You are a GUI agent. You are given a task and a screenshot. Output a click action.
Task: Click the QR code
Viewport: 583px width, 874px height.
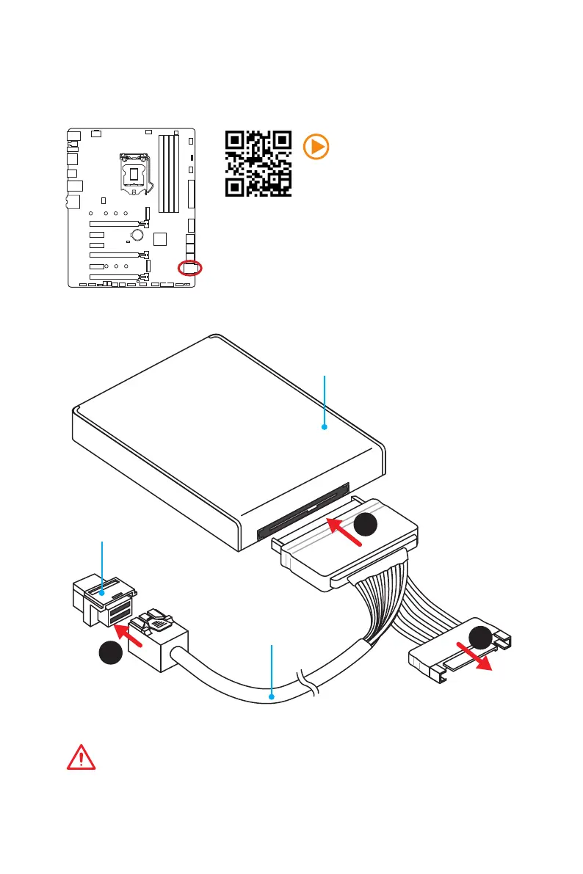click(258, 164)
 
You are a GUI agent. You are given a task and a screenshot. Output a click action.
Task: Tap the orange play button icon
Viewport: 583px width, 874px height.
click(316, 147)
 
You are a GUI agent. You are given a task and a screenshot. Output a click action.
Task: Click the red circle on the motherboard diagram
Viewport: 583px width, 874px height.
click(189, 268)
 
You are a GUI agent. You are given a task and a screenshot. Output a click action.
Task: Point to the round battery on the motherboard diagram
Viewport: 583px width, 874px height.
click(137, 236)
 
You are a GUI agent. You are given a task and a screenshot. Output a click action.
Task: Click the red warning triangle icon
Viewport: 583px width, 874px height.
click(81, 757)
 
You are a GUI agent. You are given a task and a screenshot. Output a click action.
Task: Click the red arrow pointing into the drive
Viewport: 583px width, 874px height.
click(344, 533)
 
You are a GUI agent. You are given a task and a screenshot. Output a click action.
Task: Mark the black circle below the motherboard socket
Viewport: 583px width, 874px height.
click(111, 653)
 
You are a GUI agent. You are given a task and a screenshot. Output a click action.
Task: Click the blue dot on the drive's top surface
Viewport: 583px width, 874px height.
click(324, 426)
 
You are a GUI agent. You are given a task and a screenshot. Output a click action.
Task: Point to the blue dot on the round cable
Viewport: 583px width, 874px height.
click(272, 696)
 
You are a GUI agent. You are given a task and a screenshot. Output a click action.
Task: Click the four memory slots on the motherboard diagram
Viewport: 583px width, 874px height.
click(170, 163)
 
